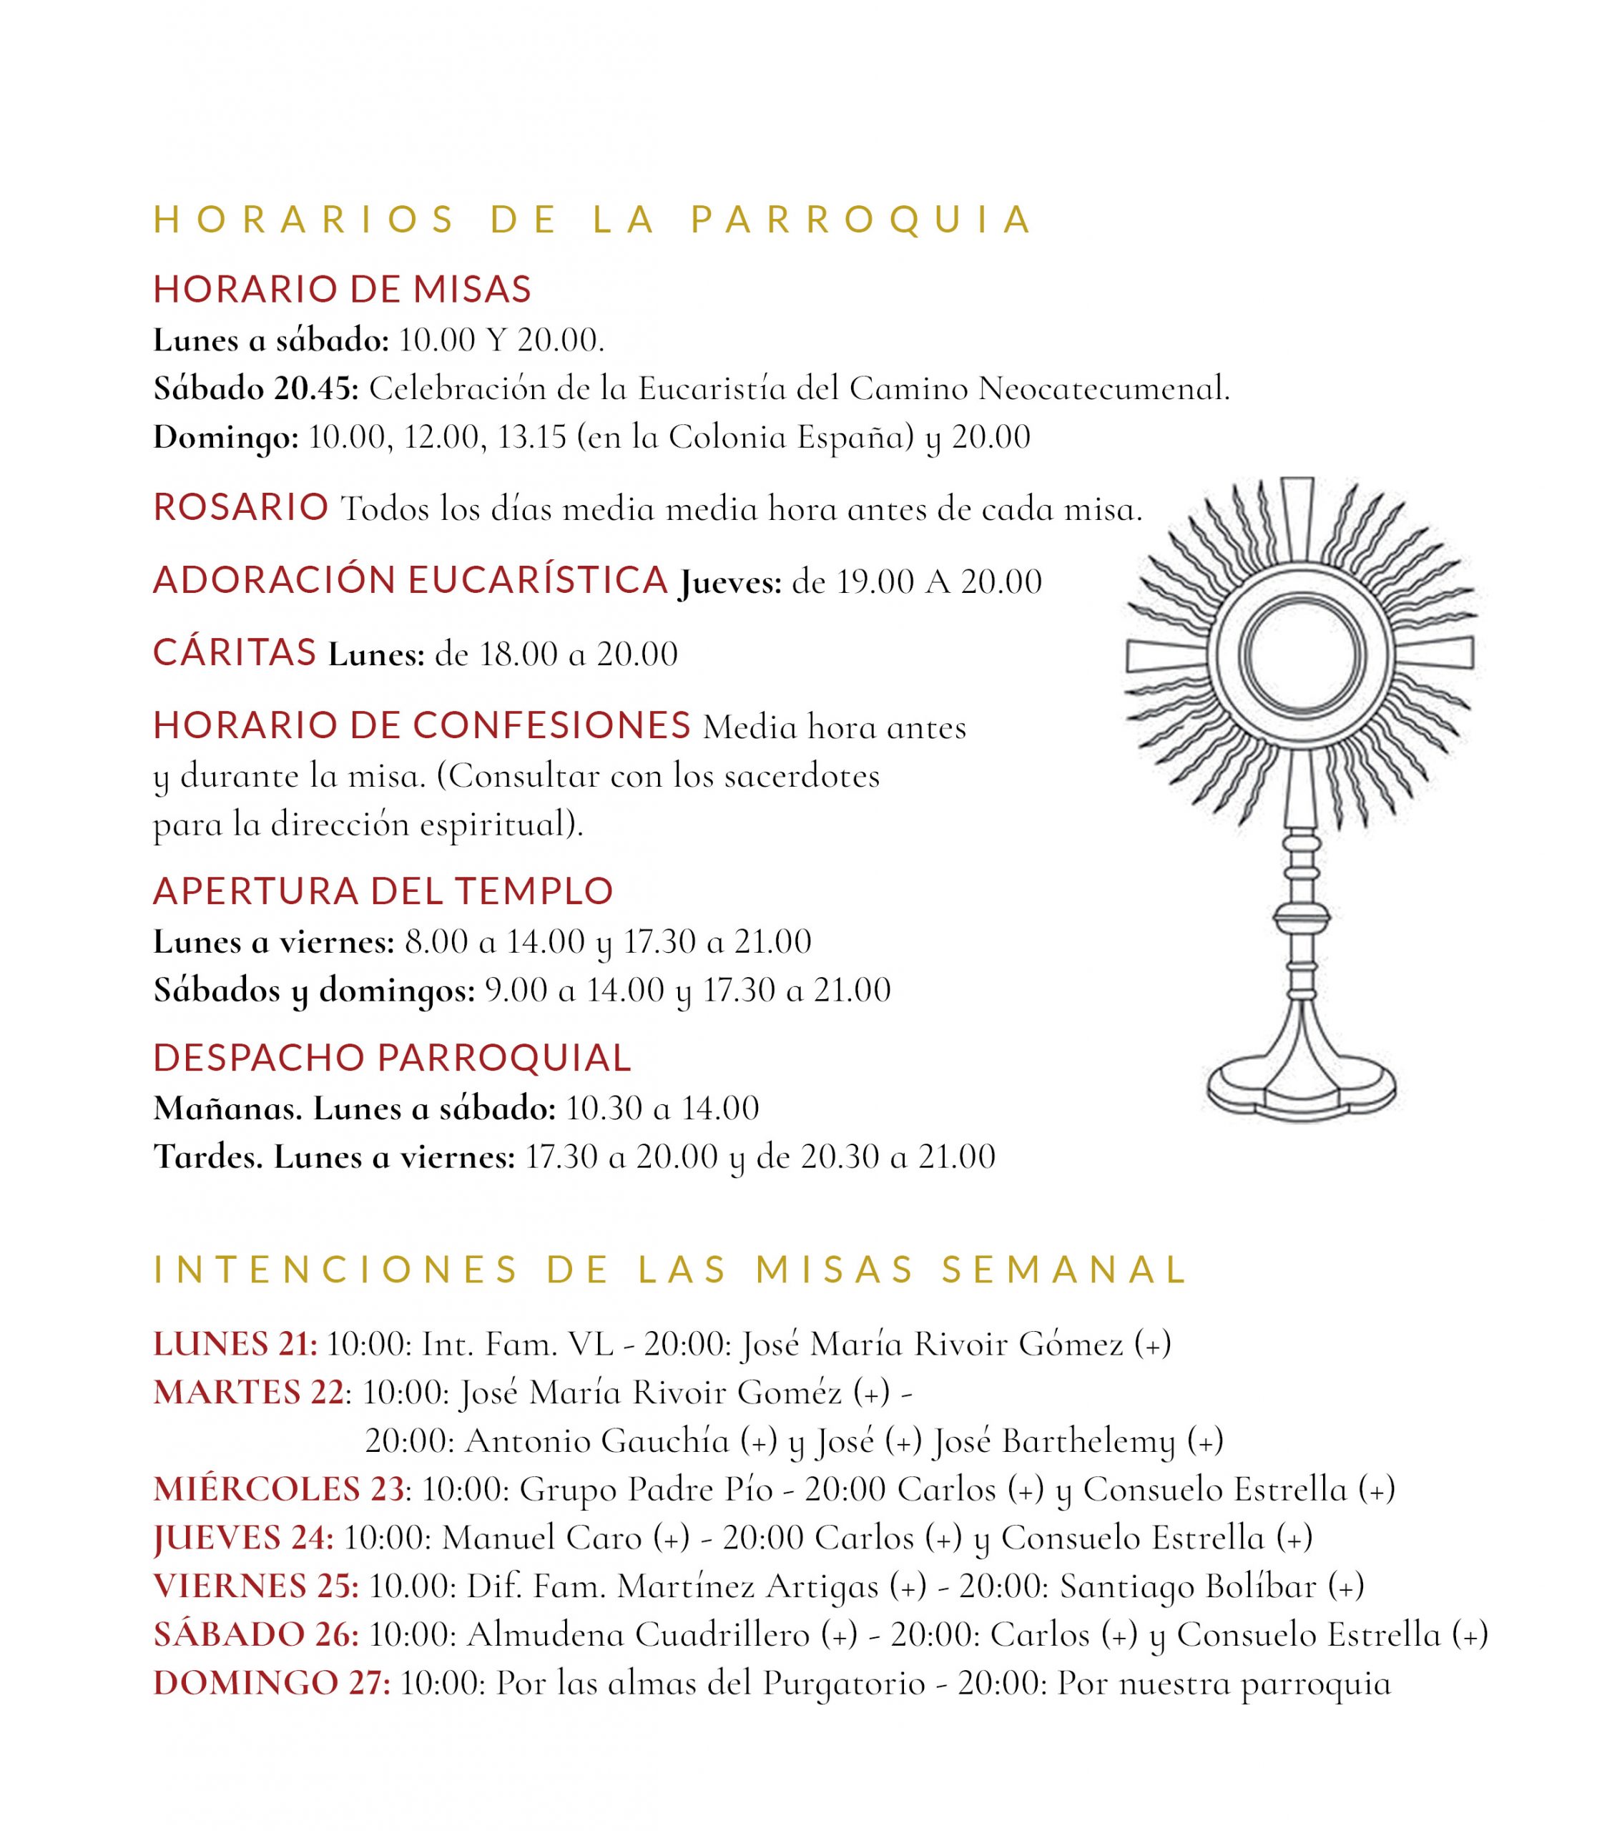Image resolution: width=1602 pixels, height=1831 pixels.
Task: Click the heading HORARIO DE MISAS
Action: (x=343, y=290)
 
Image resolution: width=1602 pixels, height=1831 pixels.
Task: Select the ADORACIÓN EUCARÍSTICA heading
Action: (x=411, y=580)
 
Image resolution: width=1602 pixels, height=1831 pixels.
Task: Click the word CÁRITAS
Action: (x=235, y=652)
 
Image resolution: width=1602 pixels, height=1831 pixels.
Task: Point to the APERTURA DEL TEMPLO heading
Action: (x=383, y=890)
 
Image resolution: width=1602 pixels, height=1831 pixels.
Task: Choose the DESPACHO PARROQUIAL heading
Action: (x=393, y=1058)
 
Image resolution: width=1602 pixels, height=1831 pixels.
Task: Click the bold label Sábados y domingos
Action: (x=314, y=991)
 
